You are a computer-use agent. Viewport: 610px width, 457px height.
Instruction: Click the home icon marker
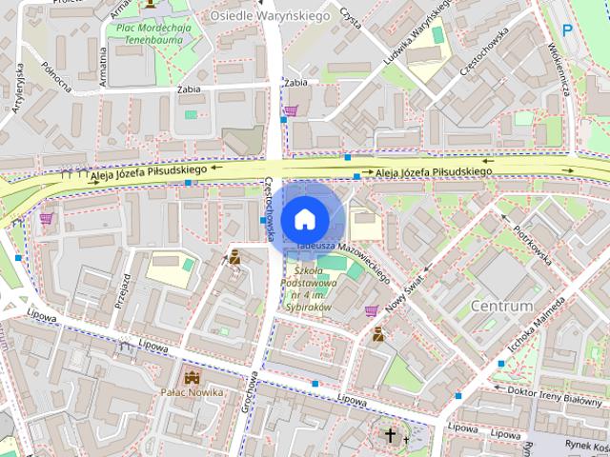[303, 219]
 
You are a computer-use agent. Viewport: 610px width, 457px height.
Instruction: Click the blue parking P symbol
[568, 30]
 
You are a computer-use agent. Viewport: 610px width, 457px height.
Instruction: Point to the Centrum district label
[501, 307]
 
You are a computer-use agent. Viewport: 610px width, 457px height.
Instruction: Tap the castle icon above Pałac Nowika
[193, 377]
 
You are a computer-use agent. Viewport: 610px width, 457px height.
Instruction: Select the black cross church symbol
[390, 436]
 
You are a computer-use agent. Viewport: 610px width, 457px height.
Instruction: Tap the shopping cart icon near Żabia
[290, 110]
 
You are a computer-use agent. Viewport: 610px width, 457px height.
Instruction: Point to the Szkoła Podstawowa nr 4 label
[311, 289]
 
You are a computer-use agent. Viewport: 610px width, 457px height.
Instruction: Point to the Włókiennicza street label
[559, 71]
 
